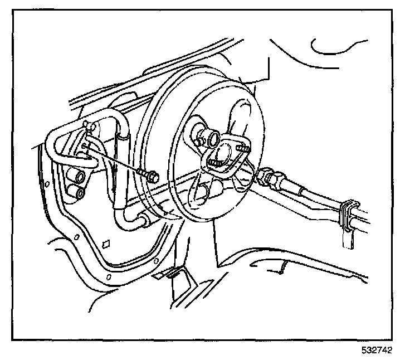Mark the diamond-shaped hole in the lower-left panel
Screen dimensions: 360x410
[x=106, y=244]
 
